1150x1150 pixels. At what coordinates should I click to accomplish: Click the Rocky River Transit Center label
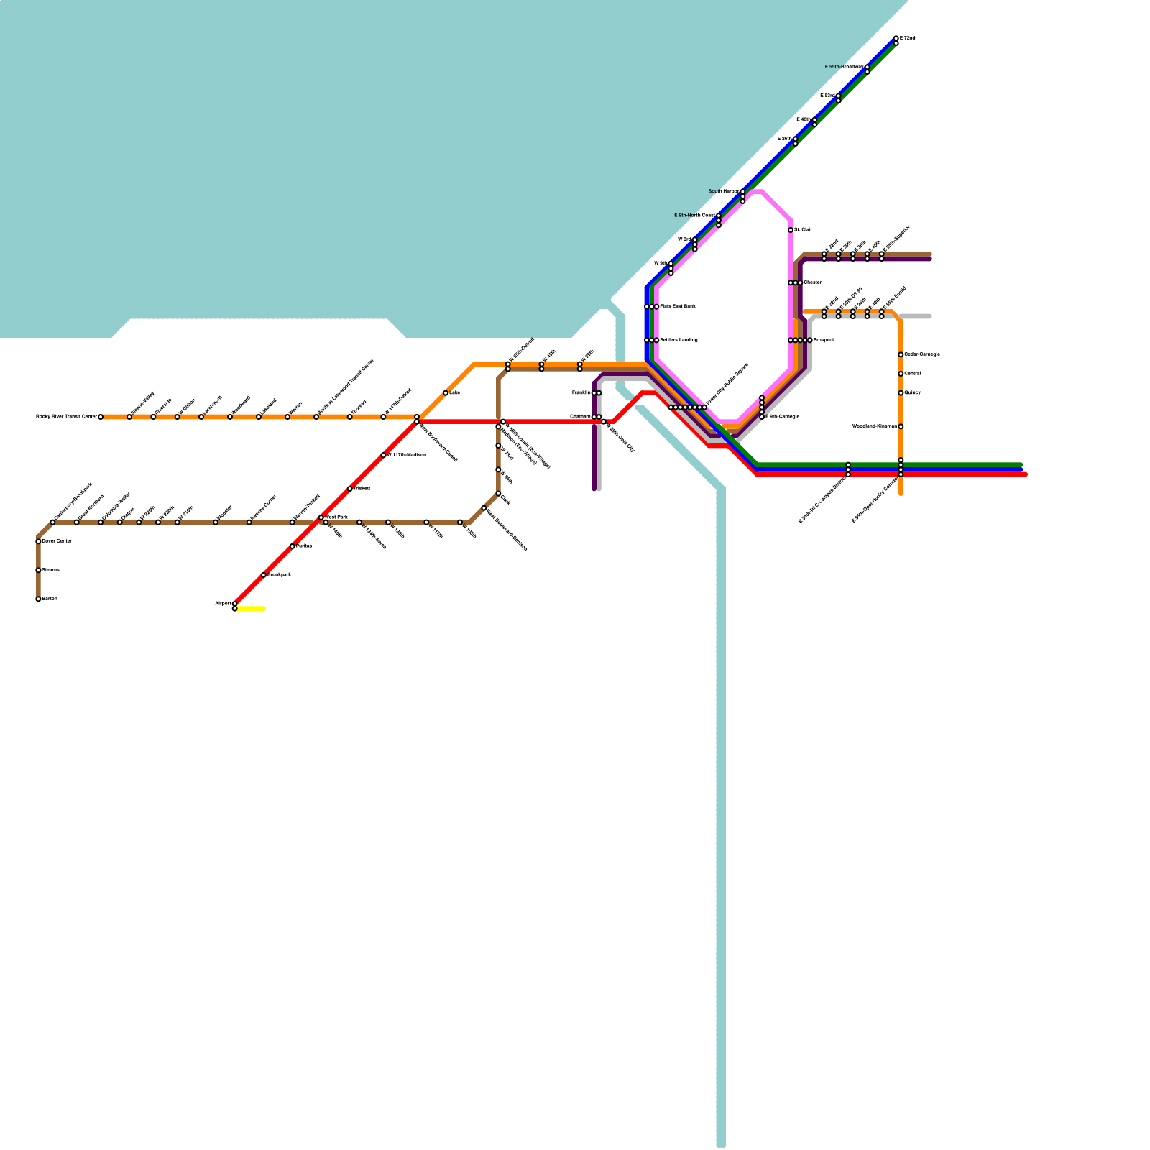tap(66, 417)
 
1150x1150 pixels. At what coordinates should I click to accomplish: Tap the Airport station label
tap(223, 604)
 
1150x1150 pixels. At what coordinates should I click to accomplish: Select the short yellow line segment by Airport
tap(251, 609)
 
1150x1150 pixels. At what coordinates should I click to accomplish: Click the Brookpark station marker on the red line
tap(264, 575)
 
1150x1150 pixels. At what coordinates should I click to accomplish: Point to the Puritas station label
tap(304, 546)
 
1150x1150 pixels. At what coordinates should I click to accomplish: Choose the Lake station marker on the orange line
tap(446, 393)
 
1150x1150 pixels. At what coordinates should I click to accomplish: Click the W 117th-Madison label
tap(407, 455)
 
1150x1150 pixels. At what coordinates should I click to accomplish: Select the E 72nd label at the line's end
tap(908, 38)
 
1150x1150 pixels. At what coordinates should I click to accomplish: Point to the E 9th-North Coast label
tap(694, 216)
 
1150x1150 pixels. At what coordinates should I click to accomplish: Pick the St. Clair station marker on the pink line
tap(791, 230)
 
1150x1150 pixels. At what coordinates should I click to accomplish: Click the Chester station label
tap(812, 282)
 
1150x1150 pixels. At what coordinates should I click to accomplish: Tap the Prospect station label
tap(824, 340)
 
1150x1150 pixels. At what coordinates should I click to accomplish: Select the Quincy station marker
tap(901, 393)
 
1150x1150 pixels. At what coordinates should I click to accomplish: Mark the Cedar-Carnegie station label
tap(922, 354)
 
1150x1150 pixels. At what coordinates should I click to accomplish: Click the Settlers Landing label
tap(678, 340)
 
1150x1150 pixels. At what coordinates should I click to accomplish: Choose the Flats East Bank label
tap(678, 307)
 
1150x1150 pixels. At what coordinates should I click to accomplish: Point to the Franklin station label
tap(581, 393)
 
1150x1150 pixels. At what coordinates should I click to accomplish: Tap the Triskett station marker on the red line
tap(350, 489)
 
